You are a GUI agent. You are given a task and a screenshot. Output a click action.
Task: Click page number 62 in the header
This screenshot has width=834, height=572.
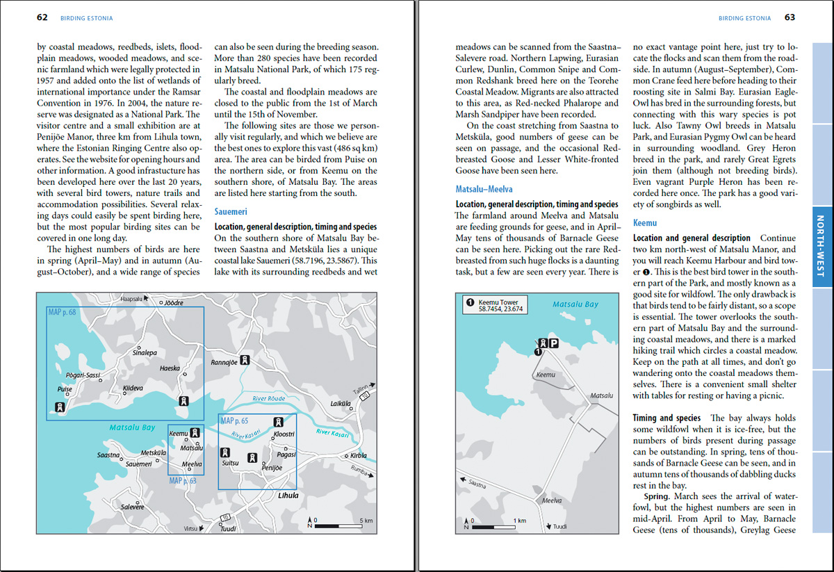point(42,17)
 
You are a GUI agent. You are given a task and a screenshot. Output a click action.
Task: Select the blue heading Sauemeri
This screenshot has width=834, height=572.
point(231,212)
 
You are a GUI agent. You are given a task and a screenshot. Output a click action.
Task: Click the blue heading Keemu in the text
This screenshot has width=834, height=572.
point(645,223)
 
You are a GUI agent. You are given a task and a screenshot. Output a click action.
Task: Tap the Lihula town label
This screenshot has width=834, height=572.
point(288,496)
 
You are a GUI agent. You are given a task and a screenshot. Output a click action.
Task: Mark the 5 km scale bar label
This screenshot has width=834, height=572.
point(366,520)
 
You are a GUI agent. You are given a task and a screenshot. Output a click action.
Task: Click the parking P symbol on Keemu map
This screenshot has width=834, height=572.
point(554,343)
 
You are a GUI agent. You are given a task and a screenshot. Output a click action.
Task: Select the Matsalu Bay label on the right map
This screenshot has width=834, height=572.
point(575,304)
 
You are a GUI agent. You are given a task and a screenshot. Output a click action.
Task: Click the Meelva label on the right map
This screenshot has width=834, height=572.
point(553,500)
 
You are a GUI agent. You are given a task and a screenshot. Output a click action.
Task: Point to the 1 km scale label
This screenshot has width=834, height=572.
point(518,521)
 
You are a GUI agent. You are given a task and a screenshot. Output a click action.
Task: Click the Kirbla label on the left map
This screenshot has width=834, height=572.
point(359,456)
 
